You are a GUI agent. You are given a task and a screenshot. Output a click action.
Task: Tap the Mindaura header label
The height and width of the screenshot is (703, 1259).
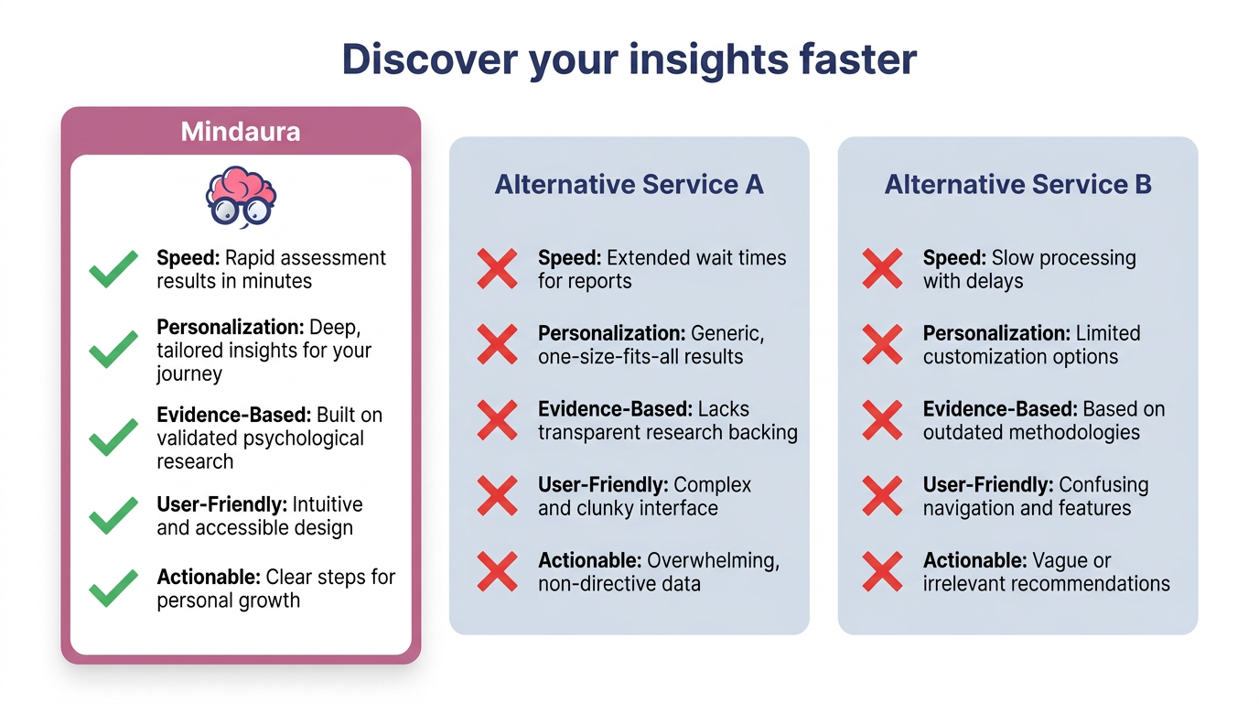(241, 132)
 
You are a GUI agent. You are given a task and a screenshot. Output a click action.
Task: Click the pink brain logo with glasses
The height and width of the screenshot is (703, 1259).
(241, 197)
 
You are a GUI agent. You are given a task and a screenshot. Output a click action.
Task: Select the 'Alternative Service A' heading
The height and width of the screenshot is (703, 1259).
(629, 185)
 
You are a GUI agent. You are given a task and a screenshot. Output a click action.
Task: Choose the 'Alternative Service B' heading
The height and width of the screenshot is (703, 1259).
(1017, 185)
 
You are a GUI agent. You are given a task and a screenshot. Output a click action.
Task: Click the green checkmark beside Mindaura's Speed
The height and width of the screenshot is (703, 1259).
(113, 269)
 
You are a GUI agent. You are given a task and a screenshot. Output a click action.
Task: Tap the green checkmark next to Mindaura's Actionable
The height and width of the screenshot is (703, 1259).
(113, 589)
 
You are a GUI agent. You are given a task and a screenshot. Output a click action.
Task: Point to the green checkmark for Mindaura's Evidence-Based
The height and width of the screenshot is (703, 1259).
(113, 437)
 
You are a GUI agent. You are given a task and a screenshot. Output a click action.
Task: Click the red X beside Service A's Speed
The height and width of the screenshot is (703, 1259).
(498, 269)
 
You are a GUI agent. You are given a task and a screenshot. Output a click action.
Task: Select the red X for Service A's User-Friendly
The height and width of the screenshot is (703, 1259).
(498, 495)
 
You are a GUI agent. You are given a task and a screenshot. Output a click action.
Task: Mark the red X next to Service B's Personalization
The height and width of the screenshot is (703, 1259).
(882, 344)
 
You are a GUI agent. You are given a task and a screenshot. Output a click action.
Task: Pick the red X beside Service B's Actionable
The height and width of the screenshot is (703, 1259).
(882, 571)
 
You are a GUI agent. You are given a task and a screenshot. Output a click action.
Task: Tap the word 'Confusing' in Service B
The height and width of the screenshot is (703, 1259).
(1103, 485)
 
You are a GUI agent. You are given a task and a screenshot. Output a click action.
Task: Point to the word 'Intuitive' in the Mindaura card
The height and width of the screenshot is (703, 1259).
(328, 504)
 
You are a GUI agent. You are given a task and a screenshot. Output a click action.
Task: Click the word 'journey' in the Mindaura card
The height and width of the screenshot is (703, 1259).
(189, 374)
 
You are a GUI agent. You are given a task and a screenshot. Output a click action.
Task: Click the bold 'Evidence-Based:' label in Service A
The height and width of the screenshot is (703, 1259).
(616, 409)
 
